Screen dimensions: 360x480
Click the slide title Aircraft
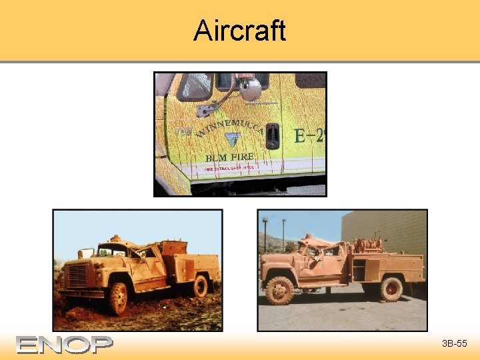(239, 31)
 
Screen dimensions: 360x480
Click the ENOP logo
(65, 344)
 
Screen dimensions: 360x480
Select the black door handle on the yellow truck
(272, 135)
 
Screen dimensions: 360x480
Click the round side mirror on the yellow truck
(250, 89)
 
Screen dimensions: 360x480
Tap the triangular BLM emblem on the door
(232, 139)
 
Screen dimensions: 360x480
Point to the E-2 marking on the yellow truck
(309, 137)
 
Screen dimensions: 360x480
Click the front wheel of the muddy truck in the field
(119, 298)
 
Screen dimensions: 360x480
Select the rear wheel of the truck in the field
(199, 286)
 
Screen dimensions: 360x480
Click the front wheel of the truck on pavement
(279, 290)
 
